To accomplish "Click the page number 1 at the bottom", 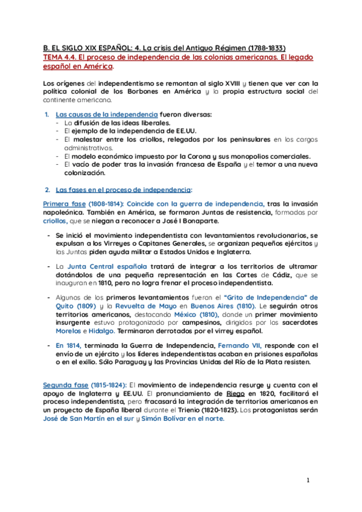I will point(307,480).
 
